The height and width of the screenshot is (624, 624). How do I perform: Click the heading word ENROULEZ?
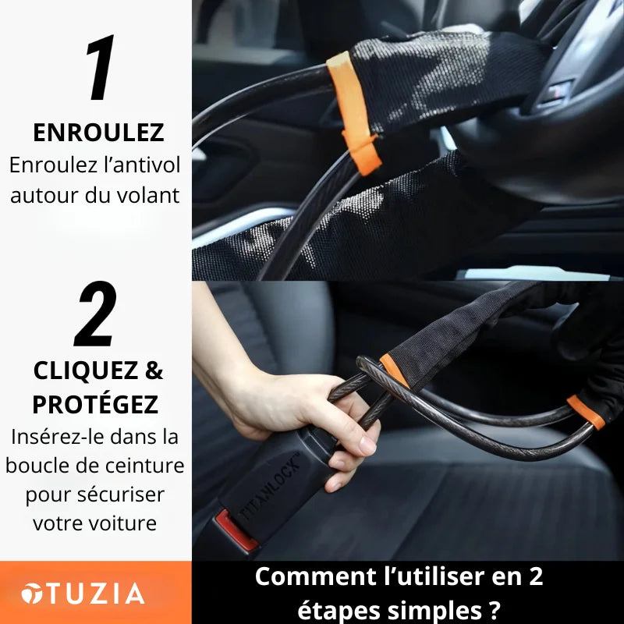(x=98, y=133)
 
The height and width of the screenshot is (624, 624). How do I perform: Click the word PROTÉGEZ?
(x=95, y=404)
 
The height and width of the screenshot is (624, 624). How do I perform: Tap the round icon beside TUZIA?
(x=32, y=594)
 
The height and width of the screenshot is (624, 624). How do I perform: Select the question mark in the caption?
(x=492, y=608)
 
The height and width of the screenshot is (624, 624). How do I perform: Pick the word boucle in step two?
(x=35, y=466)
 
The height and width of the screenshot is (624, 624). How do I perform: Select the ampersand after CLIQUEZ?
(x=154, y=370)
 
